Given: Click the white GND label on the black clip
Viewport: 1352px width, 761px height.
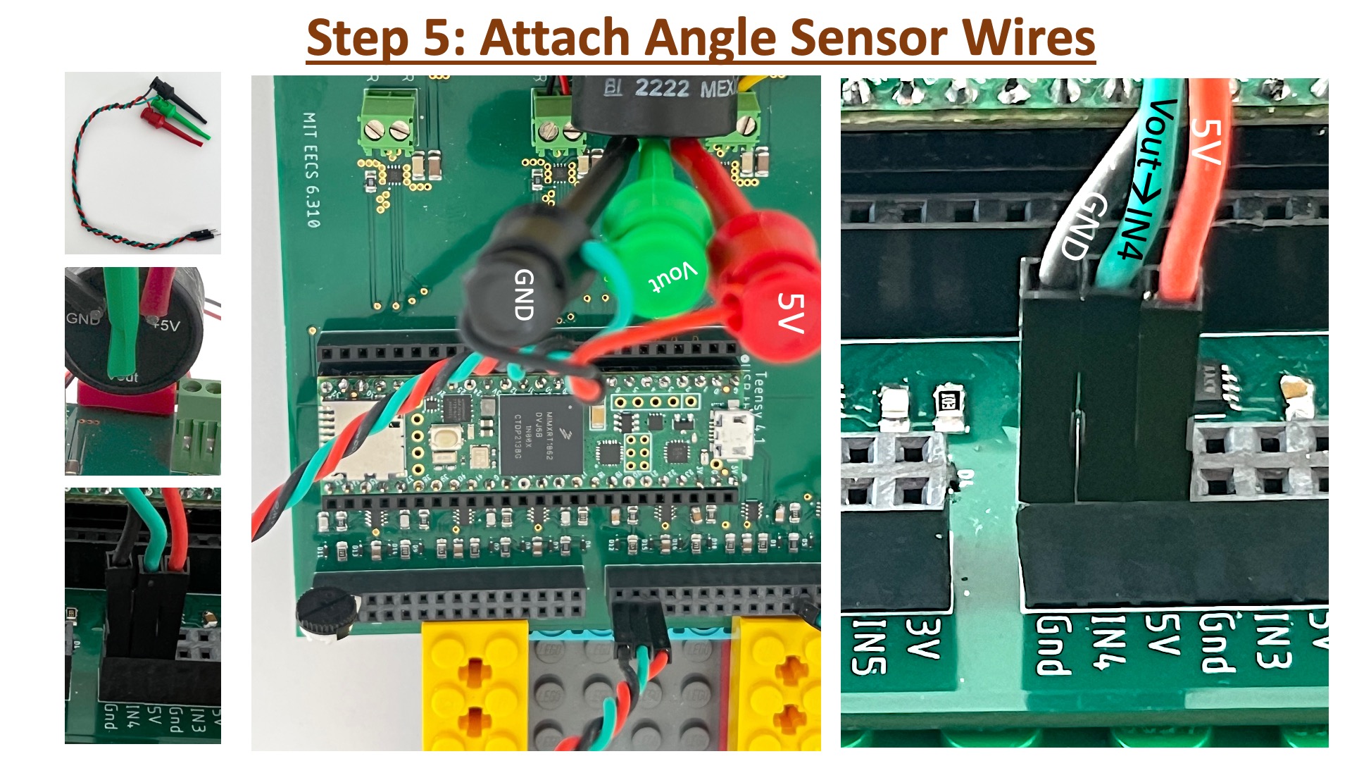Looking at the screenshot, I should click(524, 295).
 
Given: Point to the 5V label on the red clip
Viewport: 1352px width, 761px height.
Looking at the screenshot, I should click(790, 312).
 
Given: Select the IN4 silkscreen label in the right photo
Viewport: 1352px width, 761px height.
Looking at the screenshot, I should click(1106, 641).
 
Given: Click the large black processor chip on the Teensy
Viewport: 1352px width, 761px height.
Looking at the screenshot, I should click(540, 434).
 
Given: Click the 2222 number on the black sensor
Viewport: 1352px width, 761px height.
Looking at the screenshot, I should click(662, 89).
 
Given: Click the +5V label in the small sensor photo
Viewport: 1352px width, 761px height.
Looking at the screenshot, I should click(167, 326).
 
